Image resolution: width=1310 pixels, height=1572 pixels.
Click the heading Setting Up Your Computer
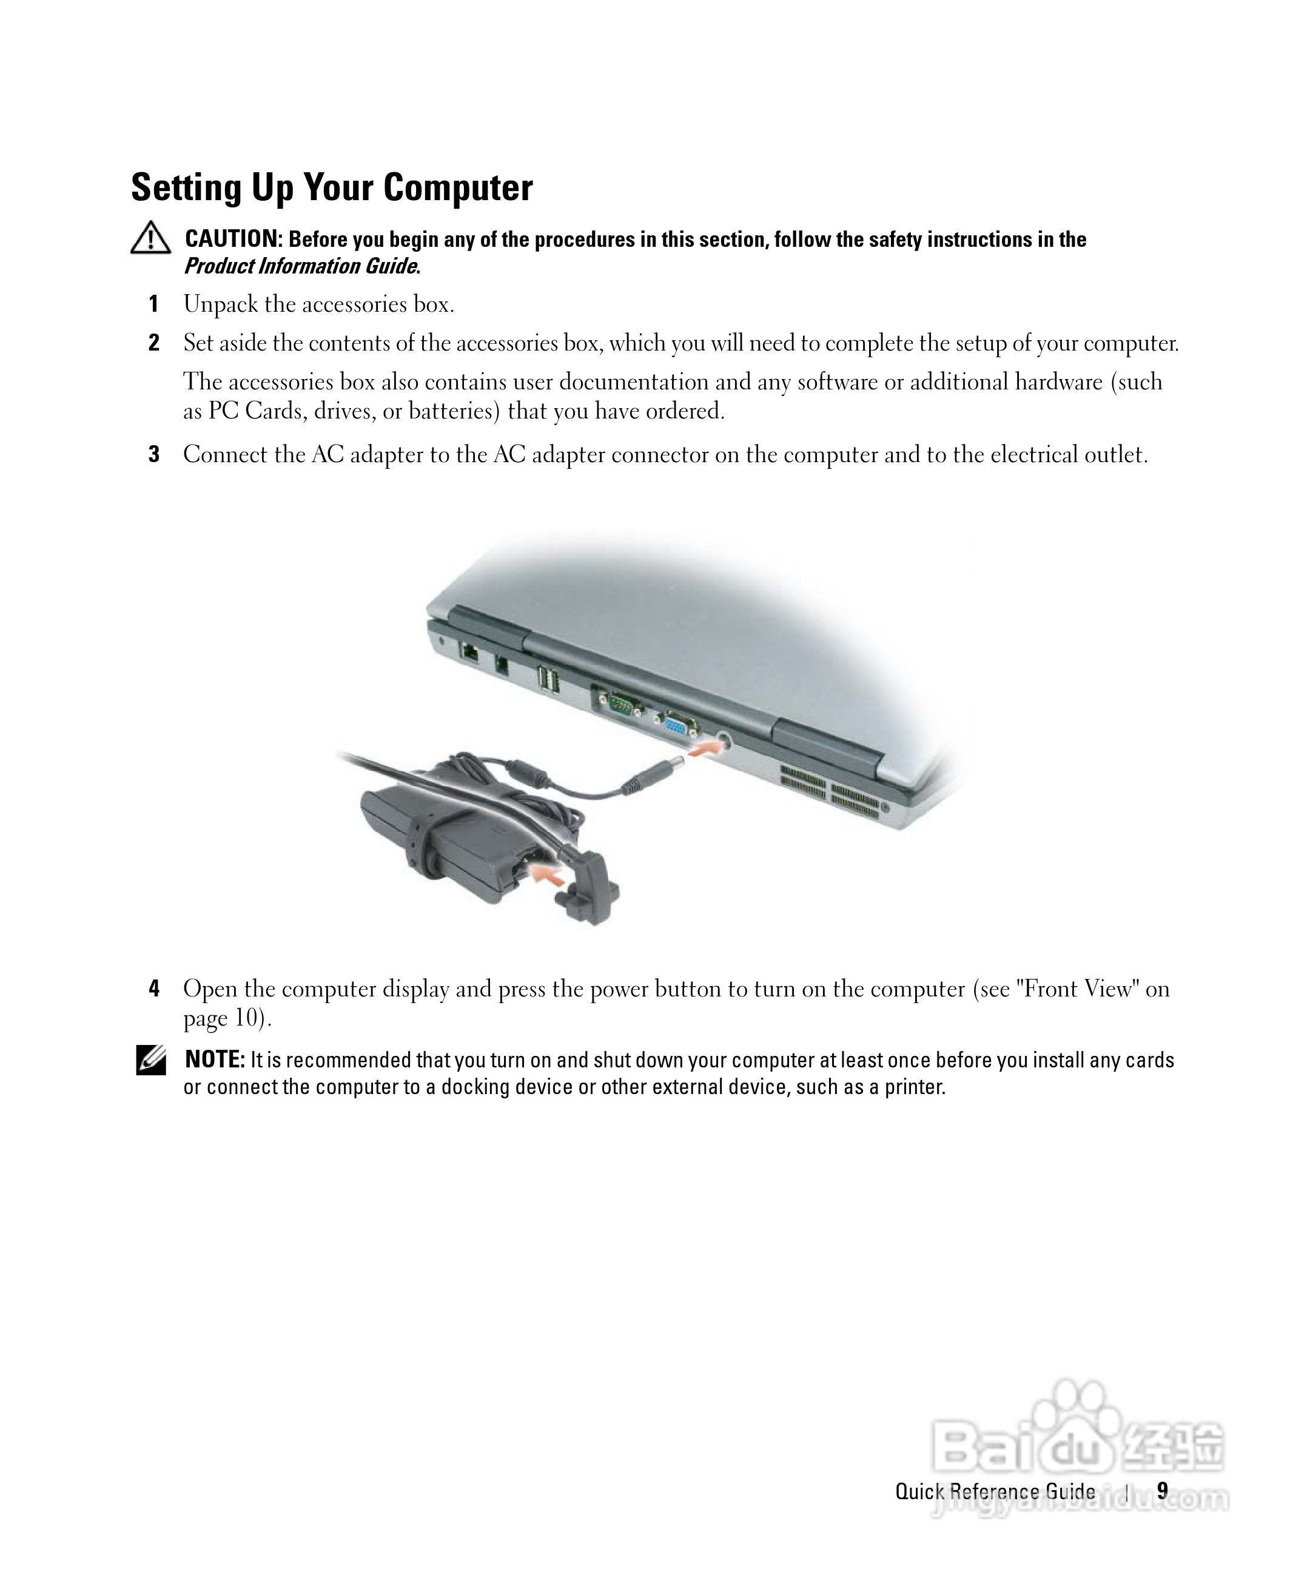(332, 187)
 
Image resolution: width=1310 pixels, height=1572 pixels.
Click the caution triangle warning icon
(150, 238)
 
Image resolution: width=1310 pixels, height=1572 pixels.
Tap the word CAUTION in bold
(232, 239)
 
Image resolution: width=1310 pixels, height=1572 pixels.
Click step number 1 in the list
(153, 304)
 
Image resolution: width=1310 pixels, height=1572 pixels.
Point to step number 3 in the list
(153, 454)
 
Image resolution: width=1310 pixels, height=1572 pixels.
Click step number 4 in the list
(153, 989)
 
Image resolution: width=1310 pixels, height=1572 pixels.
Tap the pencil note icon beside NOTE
(150, 1061)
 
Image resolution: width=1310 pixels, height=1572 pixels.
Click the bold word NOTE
(214, 1060)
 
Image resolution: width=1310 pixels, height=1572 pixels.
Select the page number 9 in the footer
(1162, 1491)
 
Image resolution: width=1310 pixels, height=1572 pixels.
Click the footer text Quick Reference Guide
(995, 1492)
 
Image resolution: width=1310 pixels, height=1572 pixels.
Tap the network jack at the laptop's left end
(471, 651)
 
